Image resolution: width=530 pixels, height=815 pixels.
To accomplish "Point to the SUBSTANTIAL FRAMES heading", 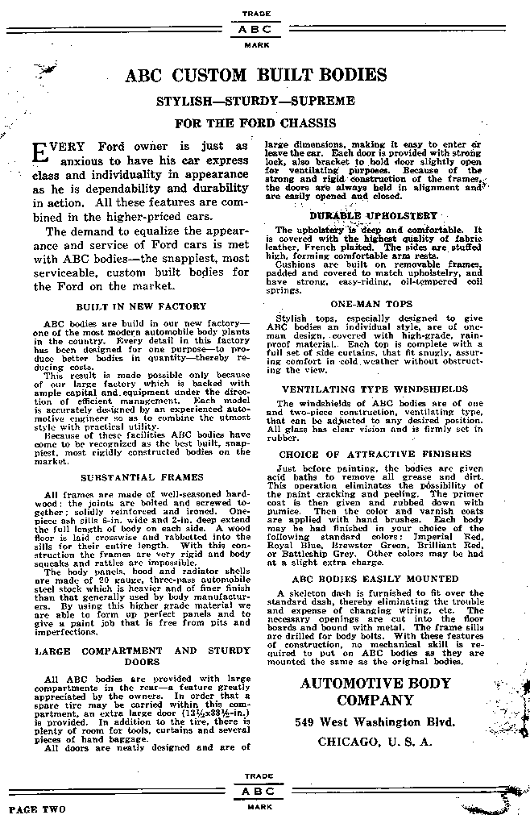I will tap(142, 476).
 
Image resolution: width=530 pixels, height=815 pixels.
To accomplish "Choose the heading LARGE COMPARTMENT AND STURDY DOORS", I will tap(142, 655).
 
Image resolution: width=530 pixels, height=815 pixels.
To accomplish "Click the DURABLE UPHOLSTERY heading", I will tap(373, 215).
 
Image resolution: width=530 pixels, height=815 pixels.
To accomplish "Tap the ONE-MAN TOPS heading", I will tap(372, 304).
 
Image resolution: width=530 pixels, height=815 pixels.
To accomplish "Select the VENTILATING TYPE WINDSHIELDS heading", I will tap(374, 389).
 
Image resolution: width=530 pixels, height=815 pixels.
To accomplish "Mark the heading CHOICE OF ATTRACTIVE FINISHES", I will tap(373, 455).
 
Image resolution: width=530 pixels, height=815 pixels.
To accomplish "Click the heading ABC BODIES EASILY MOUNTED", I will tap(374, 579).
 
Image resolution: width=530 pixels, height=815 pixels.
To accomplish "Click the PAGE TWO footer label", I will tap(39, 807).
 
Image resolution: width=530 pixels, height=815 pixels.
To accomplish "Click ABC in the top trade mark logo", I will tap(260, 28).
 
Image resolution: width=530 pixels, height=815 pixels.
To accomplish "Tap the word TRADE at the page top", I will tap(260, 14).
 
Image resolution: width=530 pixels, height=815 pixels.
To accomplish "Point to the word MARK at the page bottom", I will tap(260, 805).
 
